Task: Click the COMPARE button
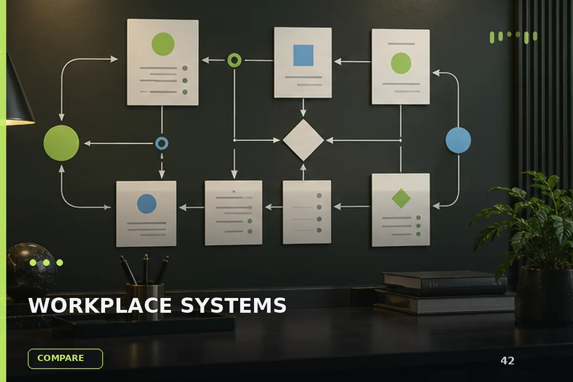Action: click(x=65, y=359)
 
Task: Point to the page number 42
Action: click(x=507, y=361)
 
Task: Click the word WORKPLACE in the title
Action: click(x=100, y=305)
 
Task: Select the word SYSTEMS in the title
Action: click(x=233, y=305)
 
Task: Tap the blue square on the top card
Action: click(x=303, y=55)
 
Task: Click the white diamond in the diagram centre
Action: click(x=303, y=140)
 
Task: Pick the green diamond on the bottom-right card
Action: click(x=401, y=198)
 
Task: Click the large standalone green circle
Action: click(x=61, y=143)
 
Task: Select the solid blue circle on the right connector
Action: click(x=458, y=140)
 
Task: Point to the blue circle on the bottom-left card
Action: click(x=147, y=204)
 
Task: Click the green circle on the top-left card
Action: click(x=163, y=44)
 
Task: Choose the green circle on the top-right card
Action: click(x=401, y=63)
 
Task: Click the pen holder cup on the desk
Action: click(x=145, y=299)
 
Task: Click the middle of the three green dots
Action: click(x=46, y=263)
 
